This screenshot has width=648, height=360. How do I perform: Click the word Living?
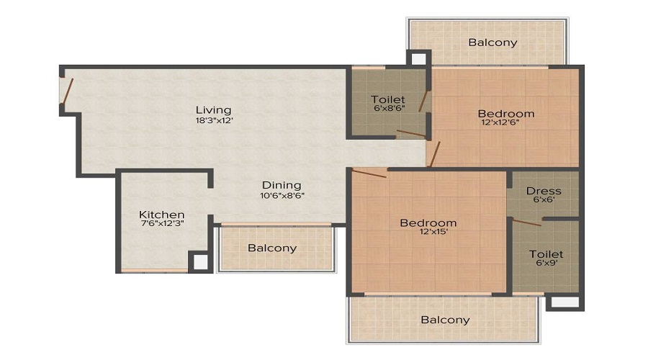tap(213, 109)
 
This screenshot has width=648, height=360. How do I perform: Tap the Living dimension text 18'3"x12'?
tap(213, 120)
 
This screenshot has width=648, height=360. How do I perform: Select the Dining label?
tap(281, 185)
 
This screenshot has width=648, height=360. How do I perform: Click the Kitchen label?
tap(162, 215)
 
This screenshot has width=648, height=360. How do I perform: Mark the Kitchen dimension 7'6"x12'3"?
tap(162, 225)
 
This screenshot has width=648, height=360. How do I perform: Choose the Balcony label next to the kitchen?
tap(272, 248)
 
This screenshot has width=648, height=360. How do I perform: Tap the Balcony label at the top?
tap(492, 42)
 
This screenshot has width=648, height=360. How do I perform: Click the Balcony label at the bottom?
tap(445, 320)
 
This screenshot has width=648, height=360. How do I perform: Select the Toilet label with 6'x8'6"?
tap(388, 99)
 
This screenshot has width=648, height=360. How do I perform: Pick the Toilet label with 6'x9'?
tap(546, 254)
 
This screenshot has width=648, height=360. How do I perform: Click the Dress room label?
tap(544, 191)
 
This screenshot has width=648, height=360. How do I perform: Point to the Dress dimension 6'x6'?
tap(544, 200)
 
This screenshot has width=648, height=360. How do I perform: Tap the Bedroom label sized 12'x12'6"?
tap(506, 113)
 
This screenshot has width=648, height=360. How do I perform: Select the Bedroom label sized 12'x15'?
tap(428, 222)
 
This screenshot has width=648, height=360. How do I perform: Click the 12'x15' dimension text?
tap(428, 233)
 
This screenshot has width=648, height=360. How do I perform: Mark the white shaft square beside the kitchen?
tap(201, 262)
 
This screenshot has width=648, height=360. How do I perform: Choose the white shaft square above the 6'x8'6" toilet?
tap(418, 59)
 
